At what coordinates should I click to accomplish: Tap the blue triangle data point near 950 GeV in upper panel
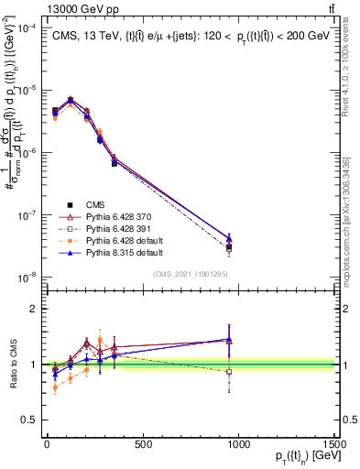point(229,238)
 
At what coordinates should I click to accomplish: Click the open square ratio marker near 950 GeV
point(229,372)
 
